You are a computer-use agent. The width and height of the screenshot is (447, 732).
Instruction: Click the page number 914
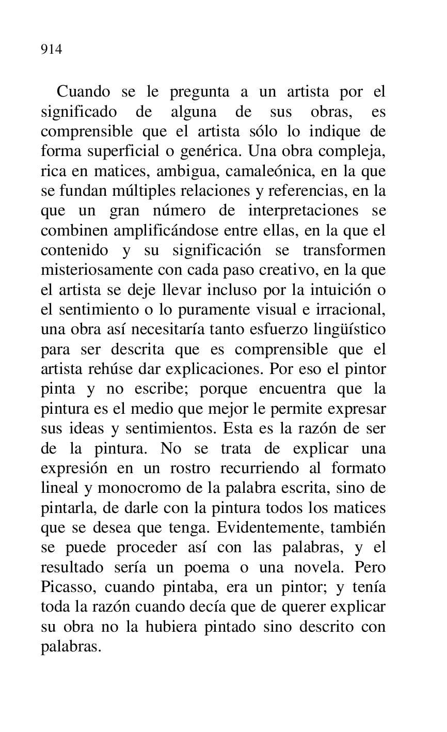point(52,50)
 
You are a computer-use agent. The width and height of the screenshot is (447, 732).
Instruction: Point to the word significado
point(78,112)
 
